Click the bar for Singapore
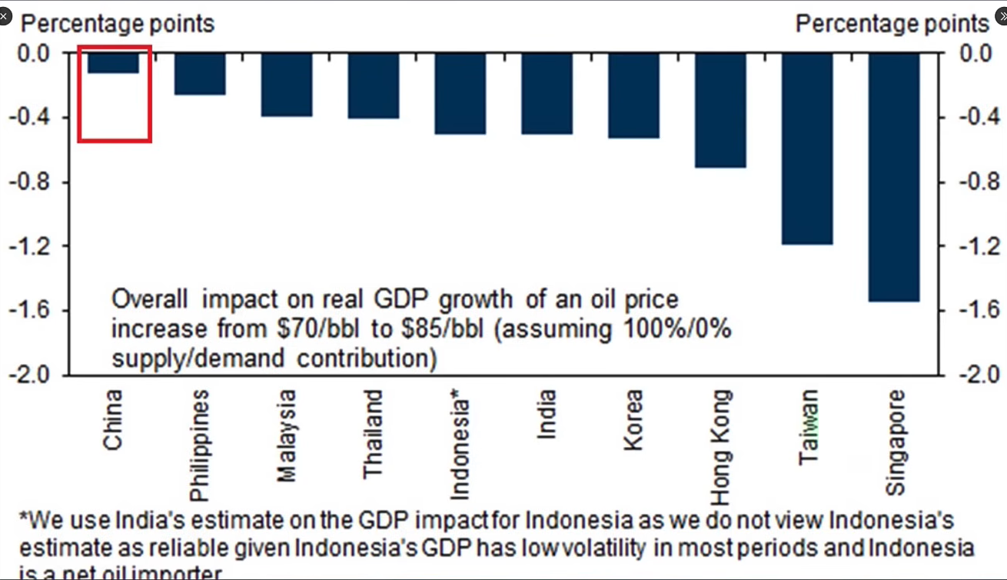tap(894, 177)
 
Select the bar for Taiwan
tap(807, 148)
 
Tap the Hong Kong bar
tap(720, 110)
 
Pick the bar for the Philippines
tap(200, 74)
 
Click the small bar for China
tap(113, 63)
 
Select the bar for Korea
tap(633, 95)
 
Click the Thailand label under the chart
tap(373, 434)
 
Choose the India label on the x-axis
tap(547, 415)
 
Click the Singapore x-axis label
tap(896, 442)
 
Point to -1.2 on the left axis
tap(28, 247)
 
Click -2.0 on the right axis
tap(979, 375)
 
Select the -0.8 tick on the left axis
tap(28, 182)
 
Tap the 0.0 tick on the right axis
tap(977, 53)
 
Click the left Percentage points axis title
tap(117, 24)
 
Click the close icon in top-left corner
tap(5, 15)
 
